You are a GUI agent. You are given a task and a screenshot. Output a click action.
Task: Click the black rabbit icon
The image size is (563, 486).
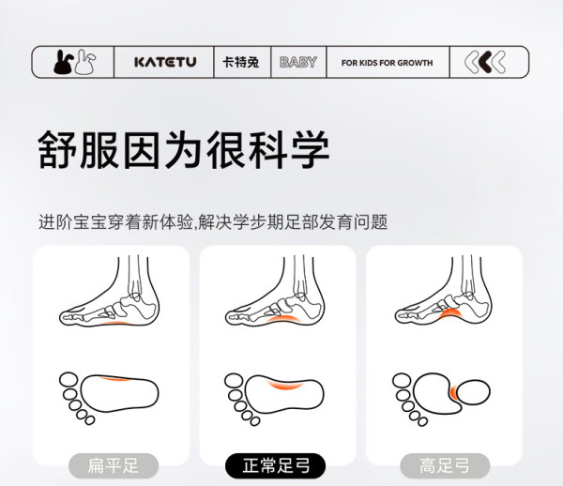click(64, 62)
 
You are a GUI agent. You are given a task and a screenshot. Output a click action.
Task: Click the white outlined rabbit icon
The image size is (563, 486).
click(85, 62)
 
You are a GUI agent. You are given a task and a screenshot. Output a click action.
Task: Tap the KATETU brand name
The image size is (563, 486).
click(165, 62)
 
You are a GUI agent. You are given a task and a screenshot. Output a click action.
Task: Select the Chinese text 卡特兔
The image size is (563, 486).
click(240, 63)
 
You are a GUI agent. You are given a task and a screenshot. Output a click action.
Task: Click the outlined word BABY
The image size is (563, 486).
click(298, 62)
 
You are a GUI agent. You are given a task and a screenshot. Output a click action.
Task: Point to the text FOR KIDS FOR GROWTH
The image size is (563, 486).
click(387, 63)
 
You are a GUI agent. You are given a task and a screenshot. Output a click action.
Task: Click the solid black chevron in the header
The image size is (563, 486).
click(485, 62)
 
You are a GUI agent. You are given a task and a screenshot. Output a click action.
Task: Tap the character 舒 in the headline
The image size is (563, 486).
click(57, 149)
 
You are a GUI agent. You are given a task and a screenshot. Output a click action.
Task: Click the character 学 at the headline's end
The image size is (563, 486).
click(311, 149)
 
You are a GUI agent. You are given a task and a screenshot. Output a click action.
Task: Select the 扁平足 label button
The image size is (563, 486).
click(114, 466)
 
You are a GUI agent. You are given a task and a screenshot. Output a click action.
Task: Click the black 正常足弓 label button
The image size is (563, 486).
click(275, 466)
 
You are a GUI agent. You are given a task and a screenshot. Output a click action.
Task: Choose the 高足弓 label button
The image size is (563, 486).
click(445, 466)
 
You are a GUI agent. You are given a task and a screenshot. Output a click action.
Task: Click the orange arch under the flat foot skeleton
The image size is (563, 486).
click(114, 324)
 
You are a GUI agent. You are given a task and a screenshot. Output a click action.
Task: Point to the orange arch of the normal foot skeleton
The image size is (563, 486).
click(283, 318)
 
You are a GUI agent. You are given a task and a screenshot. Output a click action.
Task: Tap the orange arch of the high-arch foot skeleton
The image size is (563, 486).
click(450, 312)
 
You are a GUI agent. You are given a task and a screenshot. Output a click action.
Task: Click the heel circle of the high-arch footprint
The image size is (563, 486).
click(473, 392)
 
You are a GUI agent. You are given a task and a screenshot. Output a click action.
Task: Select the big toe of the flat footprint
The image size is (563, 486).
click(68, 379)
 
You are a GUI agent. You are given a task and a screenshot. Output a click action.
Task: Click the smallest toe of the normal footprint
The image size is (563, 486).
click(255, 421)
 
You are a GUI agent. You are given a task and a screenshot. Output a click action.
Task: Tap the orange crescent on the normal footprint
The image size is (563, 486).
click(286, 386)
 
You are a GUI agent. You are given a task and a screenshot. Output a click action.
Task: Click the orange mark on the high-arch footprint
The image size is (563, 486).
click(453, 392)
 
